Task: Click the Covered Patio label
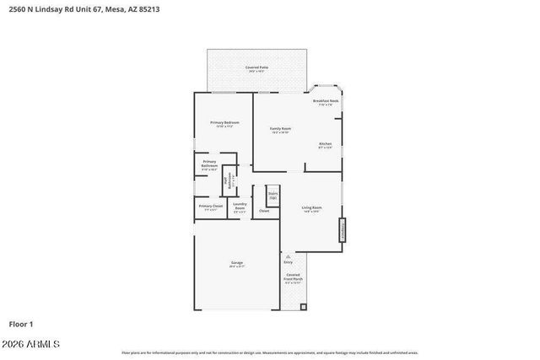(256, 68)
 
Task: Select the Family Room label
(280, 130)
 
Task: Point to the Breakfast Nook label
(325, 102)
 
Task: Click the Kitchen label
(325, 145)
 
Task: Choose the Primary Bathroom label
(209, 164)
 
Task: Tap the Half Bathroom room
(229, 180)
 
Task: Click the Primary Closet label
(210, 207)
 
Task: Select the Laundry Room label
(240, 207)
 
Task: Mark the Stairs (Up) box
(273, 196)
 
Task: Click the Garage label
(237, 264)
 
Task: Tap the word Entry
(288, 262)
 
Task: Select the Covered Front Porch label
(292, 278)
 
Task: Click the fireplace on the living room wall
(342, 230)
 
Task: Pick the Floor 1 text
(21, 324)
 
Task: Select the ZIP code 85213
(147, 9)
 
